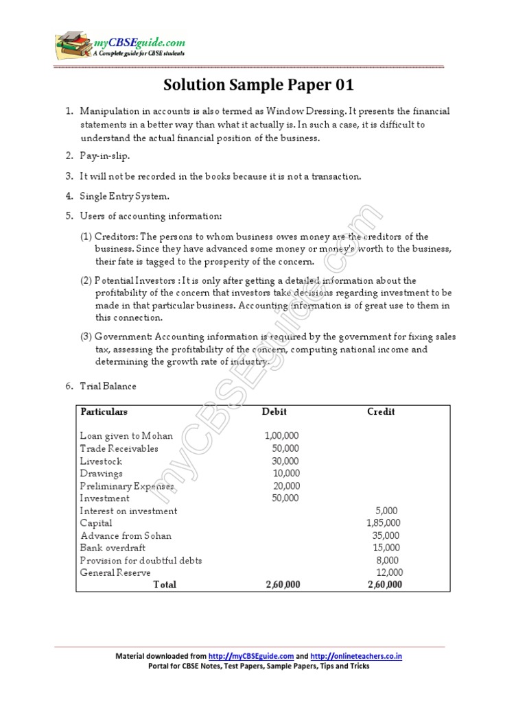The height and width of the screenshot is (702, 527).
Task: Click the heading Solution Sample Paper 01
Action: pos(259,86)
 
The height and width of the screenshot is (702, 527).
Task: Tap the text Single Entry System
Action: pos(124,196)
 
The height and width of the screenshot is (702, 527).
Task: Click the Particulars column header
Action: pos(104,412)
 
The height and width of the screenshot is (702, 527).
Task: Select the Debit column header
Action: pos(274,412)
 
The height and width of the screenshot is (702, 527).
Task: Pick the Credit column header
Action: pos(381,412)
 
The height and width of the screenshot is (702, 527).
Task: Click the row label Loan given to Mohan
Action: pos(126,435)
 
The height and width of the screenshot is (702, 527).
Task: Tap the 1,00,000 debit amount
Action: pos(281,435)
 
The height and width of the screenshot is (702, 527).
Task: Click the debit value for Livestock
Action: pos(285,461)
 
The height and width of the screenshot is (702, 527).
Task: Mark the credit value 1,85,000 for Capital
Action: pos(383,523)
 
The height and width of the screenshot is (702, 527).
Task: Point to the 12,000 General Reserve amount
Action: pos(389,572)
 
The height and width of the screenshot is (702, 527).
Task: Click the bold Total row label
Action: pos(165,585)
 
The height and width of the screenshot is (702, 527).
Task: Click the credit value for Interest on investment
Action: pos(386,511)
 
